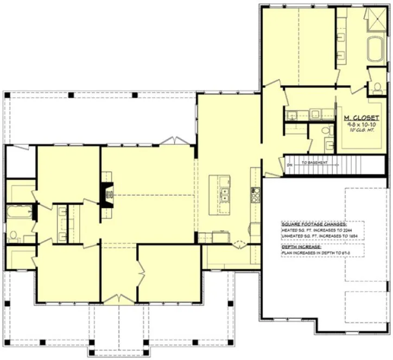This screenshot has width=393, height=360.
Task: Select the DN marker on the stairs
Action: (290, 162)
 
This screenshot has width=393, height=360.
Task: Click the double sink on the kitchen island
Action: (224, 194)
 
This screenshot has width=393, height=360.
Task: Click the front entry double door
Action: (119, 298)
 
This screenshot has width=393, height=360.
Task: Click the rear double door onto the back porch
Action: (175, 142)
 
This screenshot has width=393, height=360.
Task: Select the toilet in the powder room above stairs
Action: (326, 130)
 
